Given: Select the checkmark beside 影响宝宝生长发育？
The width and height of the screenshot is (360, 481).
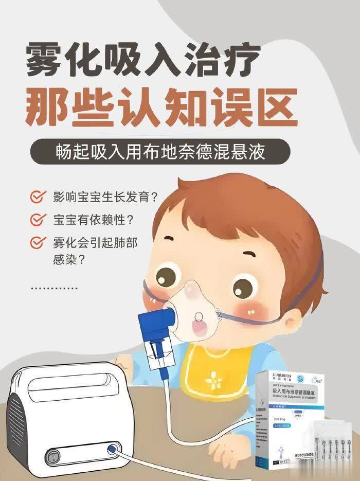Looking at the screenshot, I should [37, 197].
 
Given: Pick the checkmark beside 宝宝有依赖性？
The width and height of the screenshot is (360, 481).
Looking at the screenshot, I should [37, 220].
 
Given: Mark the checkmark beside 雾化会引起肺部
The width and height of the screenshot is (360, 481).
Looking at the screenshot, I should [37, 242].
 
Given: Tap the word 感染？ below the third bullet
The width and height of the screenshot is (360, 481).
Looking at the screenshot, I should [69, 260].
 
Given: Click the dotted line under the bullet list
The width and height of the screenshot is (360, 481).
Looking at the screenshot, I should [55, 288].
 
